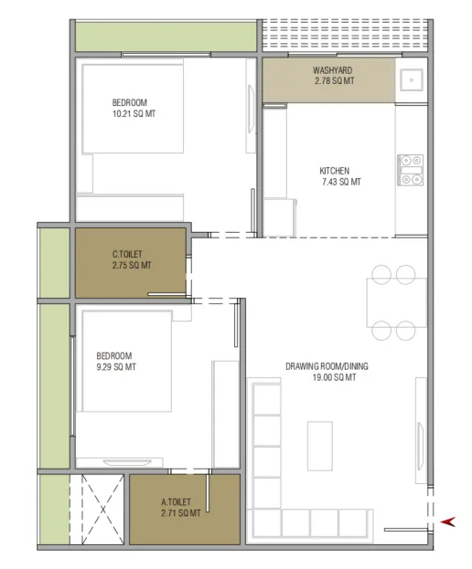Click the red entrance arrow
tap(448, 522)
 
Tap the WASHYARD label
tap(332, 70)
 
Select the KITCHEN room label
tap(334, 171)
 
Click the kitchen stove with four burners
tap(411, 170)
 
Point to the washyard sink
tap(412, 79)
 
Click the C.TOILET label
tap(127, 254)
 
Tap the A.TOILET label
tap(176, 501)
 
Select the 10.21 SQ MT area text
tap(134, 113)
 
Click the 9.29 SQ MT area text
tap(116, 367)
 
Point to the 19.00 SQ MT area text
tap(334, 377)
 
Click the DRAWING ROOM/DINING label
tap(327, 366)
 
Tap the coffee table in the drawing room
tap(320, 446)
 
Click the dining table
tap(397, 302)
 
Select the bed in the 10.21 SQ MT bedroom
tap(133, 109)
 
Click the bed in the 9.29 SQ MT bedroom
tap(127, 361)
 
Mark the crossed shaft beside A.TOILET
tap(102, 509)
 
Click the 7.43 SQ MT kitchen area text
tap(341, 182)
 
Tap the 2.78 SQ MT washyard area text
tap(334, 81)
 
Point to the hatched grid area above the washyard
tap(345, 35)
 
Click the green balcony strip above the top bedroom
tap(166, 37)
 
